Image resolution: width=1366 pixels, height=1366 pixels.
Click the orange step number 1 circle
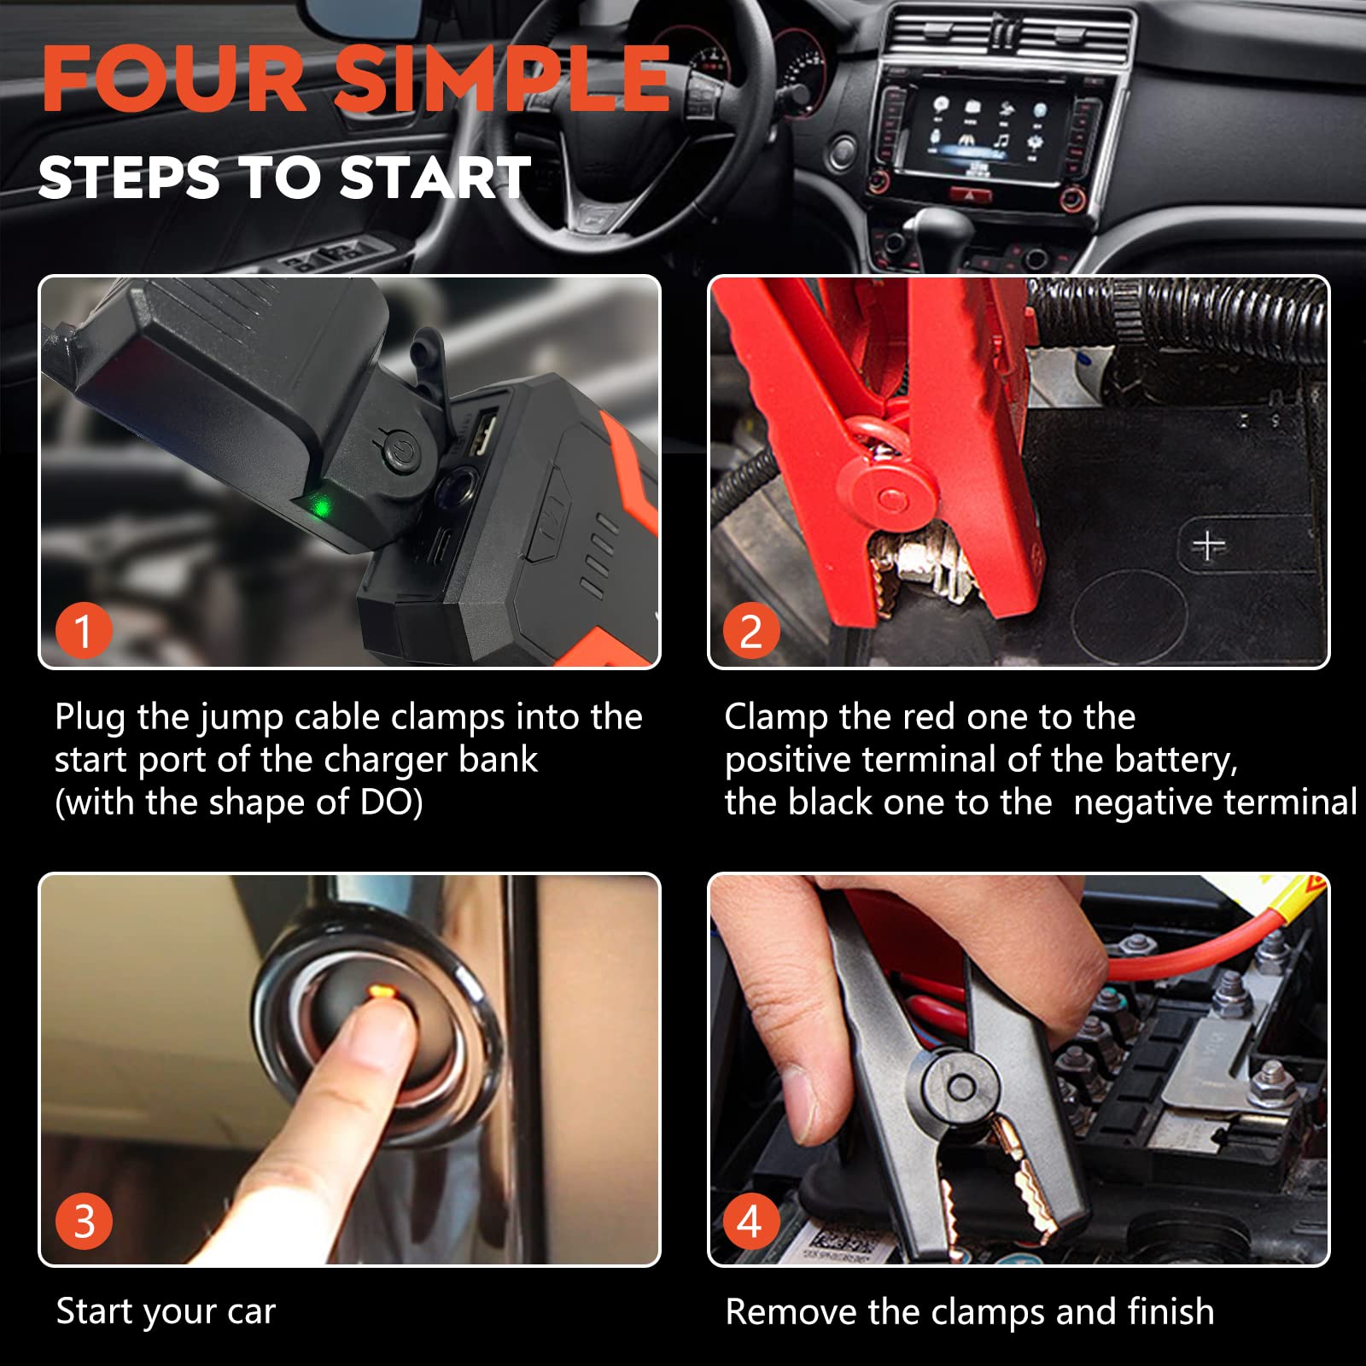tap(84, 631)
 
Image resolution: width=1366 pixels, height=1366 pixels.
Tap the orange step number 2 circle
tap(751, 631)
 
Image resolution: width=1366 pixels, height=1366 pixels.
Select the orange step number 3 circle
tap(84, 1221)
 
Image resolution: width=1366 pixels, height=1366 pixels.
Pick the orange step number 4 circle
tap(751, 1221)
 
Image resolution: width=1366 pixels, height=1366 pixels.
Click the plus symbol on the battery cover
tap(1208, 545)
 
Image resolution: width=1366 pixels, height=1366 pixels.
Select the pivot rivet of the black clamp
tap(961, 1088)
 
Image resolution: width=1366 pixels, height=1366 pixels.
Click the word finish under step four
tap(1170, 1311)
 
